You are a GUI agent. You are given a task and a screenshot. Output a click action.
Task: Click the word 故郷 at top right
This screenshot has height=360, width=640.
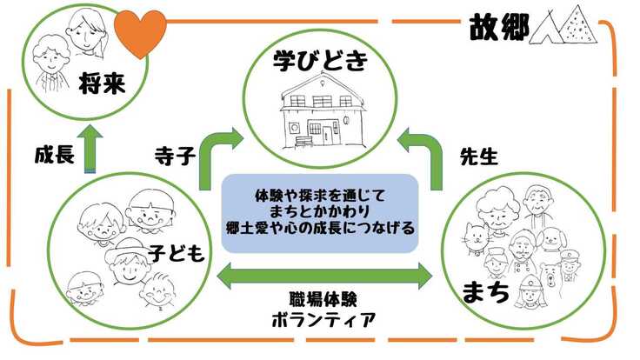pos(500,26)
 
